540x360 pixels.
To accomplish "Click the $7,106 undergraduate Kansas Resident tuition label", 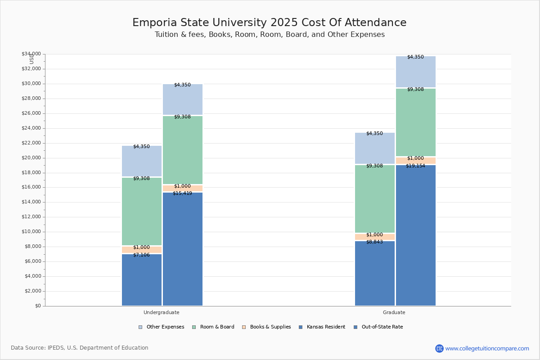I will (x=141, y=255).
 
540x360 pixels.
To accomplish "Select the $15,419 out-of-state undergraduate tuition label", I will (x=182, y=193).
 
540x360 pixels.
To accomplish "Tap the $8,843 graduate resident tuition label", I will (x=374, y=242).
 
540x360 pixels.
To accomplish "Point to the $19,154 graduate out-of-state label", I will (x=415, y=166).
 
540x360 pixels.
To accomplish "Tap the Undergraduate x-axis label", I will (x=162, y=312).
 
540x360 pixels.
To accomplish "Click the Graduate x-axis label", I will (x=394, y=312).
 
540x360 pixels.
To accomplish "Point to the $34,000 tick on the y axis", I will (x=31, y=54).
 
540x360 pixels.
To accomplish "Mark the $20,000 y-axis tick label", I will (x=31, y=158).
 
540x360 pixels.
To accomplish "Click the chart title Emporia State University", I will (x=269, y=23).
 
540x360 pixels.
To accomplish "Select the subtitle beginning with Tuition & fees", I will (x=270, y=35).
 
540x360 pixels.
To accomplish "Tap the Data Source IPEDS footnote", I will (x=80, y=348).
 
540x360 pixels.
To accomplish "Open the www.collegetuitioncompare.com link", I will (x=487, y=348).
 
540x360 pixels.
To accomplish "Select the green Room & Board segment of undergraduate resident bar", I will (x=142, y=211).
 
